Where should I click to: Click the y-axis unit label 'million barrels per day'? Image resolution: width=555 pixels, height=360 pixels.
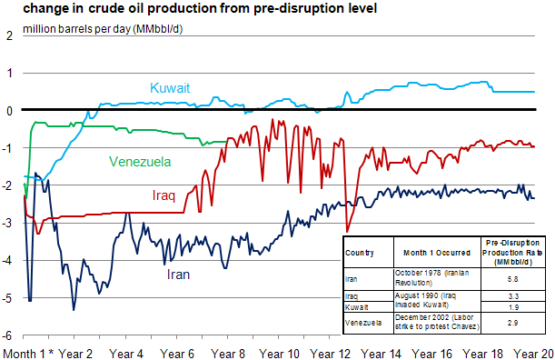click(x=114, y=29)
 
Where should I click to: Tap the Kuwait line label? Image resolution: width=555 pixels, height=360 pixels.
click(x=170, y=88)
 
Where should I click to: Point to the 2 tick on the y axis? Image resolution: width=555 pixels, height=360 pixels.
click(x=9, y=36)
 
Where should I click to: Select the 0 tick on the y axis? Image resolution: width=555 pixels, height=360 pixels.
click(x=9, y=111)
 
